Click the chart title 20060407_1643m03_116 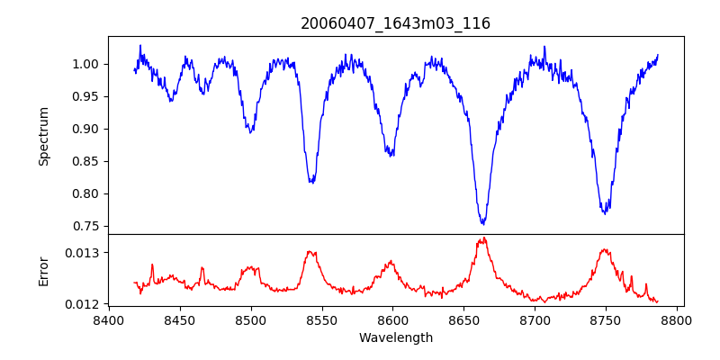pyautogui.click(x=395, y=23)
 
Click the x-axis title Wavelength pyautogui.click(x=395, y=337)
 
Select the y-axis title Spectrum pyautogui.click(x=43, y=136)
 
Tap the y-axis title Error pyautogui.click(x=43, y=270)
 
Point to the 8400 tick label pyautogui.click(x=108, y=319)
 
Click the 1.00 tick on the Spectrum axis pyautogui.click(x=89, y=64)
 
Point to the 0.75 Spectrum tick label pyautogui.click(x=89, y=226)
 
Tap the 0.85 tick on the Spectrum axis pyautogui.click(x=89, y=161)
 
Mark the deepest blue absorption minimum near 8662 pyautogui.click(x=483, y=223)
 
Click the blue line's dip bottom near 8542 pyautogui.click(x=311, y=183)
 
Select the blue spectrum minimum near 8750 pyautogui.click(x=606, y=213)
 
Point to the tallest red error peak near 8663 pyautogui.click(x=483, y=238)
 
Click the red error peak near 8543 pyautogui.click(x=311, y=252)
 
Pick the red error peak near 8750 pyautogui.click(x=606, y=249)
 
